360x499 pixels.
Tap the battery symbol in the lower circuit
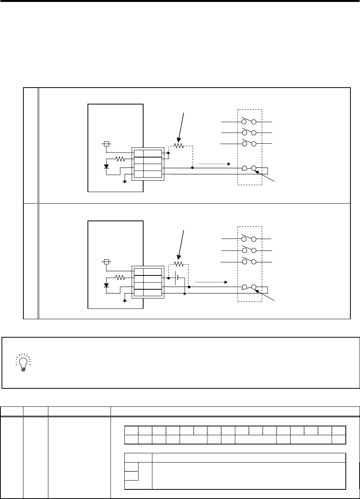pos(177,278)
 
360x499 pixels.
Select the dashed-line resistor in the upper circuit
pos(178,146)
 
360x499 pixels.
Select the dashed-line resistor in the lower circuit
pos(178,264)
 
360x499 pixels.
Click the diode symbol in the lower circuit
pos(106,285)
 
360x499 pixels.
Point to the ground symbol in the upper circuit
pos(125,181)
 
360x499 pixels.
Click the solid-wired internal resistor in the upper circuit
pos(121,159)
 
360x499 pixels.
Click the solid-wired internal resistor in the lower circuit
pos(121,277)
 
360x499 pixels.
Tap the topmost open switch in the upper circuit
pos(249,121)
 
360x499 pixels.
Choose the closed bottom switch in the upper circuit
pos(249,168)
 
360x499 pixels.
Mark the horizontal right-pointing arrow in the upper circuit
pos(214,164)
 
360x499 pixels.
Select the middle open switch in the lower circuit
pos(249,250)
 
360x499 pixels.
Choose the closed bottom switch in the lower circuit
pos(249,287)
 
